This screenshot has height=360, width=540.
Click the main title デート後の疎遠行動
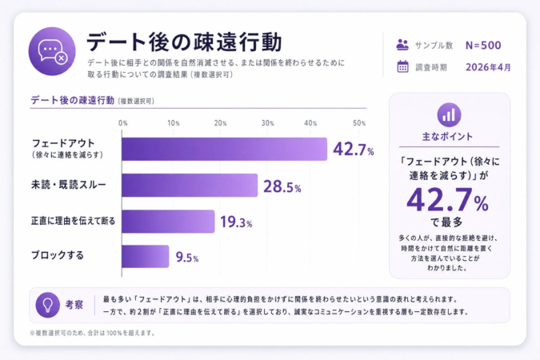(x=183, y=41)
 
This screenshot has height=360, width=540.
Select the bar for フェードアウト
(x=224, y=150)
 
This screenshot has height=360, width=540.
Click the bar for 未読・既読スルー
(x=190, y=186)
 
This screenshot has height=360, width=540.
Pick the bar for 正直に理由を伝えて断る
(x=168, y=222)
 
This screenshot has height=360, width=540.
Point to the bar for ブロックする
(x=145, y=257)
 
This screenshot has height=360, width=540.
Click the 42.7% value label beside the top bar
(x=353, y=150)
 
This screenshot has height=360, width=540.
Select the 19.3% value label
(x=236, y=222)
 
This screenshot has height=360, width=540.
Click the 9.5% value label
(x=186, y=258)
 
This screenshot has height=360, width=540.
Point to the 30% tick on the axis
(x=267, y=123)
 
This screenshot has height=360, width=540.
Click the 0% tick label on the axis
(x=122, y=123)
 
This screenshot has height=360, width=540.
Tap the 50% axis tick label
(x=359, y=123)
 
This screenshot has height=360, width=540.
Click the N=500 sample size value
(x=483, y=45)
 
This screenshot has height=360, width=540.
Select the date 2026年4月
(x=488, y=67)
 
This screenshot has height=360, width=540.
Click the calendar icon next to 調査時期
(x=403, y=67)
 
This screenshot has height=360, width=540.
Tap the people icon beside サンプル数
(x=403, y=45)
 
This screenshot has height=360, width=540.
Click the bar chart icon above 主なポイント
(x=449, y=114)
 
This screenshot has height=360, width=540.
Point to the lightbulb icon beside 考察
(x=48, y=304)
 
